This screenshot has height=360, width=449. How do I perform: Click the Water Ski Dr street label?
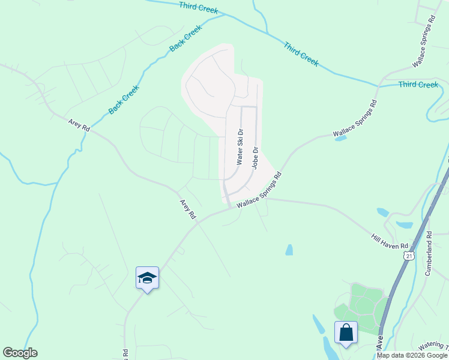[240, 147]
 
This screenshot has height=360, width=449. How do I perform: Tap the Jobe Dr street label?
[255, 158]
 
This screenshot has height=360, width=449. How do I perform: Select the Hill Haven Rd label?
[390, 242]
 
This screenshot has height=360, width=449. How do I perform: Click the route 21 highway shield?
[409, 256]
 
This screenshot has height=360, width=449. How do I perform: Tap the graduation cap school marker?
[147, 278]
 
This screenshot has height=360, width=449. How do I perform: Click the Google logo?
[20, 353]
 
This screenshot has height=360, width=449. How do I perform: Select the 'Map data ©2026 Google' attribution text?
[412, 355]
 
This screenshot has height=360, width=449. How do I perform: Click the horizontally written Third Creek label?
[418, 85]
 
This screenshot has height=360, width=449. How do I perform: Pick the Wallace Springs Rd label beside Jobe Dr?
[259, 191]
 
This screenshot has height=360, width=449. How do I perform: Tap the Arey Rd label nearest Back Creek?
[79, 125]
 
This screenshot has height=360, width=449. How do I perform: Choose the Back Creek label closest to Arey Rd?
[124, 100]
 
